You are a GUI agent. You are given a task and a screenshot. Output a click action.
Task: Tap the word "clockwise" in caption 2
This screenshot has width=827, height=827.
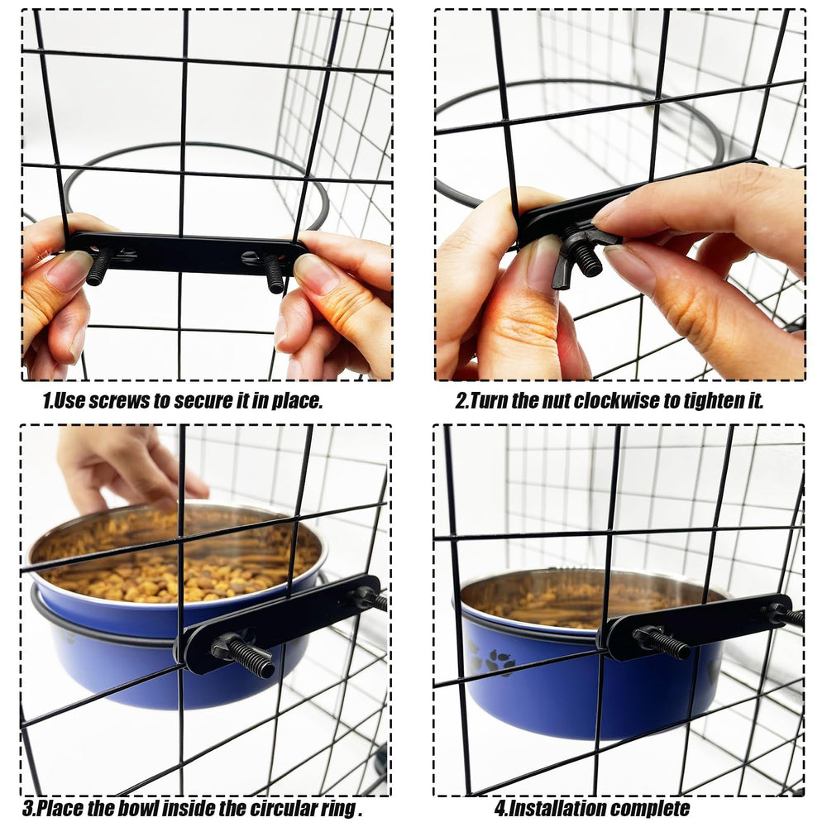click(x=593, y=401)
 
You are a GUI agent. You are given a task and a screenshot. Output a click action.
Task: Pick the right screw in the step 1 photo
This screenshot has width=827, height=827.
click(x=275, y=273)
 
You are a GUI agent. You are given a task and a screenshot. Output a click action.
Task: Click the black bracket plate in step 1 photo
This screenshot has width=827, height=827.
click(x=187, y=251)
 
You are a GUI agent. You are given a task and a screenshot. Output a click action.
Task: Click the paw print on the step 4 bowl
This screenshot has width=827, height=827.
click(x=498, y=662)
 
